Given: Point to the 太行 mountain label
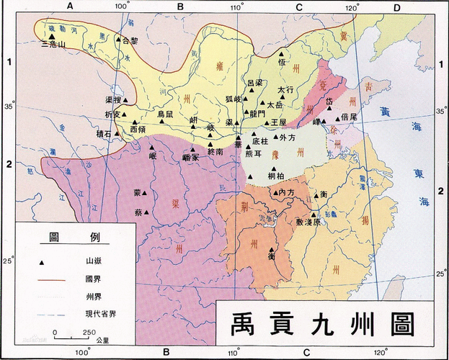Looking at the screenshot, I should [286, 90].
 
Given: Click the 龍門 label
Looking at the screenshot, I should [257, 113].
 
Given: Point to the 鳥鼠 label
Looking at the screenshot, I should [165, 114].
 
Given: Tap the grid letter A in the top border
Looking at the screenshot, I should [70, 6].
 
